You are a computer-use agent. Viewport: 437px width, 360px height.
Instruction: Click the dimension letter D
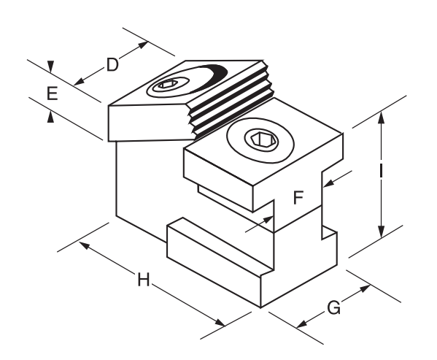pyautogui.click(x=112, y=65)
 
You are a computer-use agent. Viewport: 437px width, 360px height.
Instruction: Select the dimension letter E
pyautogui.click(x=52, y=93)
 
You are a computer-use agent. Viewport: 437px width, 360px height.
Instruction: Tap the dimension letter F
pyautogui.click(x=298, y=197)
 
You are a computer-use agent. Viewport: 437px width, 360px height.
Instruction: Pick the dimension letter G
pyautogui.click(x=333, y=308)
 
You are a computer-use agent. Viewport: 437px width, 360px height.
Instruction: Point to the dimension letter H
pyautogui.click(x=144, y=280)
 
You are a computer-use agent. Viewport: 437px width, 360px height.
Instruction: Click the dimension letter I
pyautogui.click(x=381, y=171)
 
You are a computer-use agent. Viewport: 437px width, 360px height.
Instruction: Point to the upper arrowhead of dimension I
pyautogui.click(x=382, y=117)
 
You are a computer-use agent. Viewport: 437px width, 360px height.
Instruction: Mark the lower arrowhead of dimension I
pyautogui.click(x=382, y=232)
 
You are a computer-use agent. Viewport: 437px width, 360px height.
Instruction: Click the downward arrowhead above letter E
pyautogui.click(x=50, y=66)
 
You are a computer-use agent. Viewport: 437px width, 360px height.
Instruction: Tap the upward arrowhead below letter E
pyautogui.click(x=50, y=117)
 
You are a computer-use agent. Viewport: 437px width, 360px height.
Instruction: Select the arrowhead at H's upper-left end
pyautogui.click(x=85, y=245)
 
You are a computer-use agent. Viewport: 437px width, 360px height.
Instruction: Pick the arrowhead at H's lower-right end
pyautogui.click(x=220, y=323)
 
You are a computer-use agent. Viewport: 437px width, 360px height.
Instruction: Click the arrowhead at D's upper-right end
pyautogui.click(x=143, y=45)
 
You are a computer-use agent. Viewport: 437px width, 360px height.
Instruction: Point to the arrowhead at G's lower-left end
pyautogui.click(x=302, y=324)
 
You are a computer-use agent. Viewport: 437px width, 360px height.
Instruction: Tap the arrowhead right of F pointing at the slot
pyautogui.click(x=329, y=183)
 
